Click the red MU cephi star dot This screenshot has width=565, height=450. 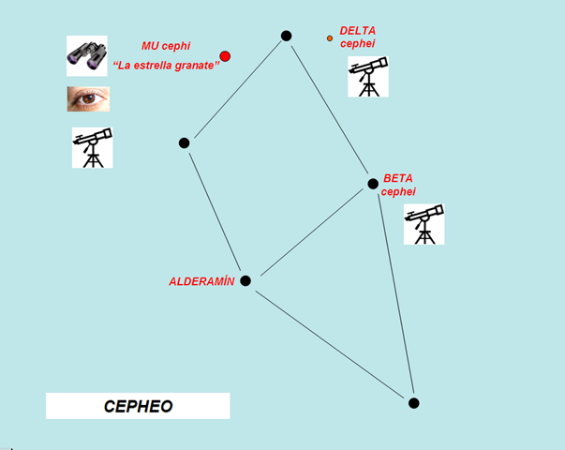pos(225,56)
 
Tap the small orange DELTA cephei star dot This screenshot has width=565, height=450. pos(330,38)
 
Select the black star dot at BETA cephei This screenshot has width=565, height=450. pos(373,183)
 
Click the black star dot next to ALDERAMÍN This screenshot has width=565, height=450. pos(245,280)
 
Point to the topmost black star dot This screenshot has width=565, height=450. pos(286,36)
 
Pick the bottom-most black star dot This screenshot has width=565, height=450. pos(413,403)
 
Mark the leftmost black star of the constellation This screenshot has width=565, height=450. pos(185,142)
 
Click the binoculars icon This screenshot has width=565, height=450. pos(88,55)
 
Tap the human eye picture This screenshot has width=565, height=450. pos(88,98)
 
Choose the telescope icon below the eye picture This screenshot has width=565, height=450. pos(92,148)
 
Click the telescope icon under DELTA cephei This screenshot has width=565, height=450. pos(368,77)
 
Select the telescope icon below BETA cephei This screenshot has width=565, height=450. pos(424,224)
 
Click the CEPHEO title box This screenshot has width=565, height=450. pos(138,406)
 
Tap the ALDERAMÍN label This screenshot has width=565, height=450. pos(201,281)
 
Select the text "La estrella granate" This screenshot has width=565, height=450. pos(166,64)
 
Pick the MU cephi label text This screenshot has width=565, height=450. pos(166,45)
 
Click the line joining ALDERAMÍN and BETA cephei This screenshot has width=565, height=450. pos(309,232)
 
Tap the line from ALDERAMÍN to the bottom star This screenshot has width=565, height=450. pos(329,341)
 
